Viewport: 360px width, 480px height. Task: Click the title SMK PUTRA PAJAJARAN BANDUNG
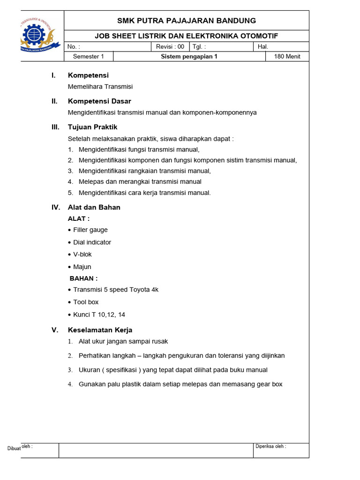(x=186, y=21)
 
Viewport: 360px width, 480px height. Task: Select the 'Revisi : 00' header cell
(x=170, y=46)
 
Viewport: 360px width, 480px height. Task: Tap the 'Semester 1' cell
(x=88, y=57)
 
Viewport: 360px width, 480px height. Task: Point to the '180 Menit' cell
(x=287, y=57)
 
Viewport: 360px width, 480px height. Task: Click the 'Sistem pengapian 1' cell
(x=189, y=57)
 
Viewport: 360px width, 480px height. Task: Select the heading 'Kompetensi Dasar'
(x=99, y=101)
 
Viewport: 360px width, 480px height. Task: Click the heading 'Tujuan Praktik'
(x=92, y=127)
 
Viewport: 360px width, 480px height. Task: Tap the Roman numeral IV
(x=56, y=207)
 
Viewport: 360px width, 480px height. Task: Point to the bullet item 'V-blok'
(x=82, y=255)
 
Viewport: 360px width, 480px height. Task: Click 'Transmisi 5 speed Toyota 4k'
(x=115, y=290)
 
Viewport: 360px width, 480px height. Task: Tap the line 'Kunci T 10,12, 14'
(x=99, y=315)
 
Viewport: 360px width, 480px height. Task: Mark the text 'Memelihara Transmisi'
(x=100, y=87)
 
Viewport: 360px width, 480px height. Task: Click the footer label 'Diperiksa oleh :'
(x=270, y=446)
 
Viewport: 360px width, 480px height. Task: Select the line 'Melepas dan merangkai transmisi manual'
(x=140, y=181)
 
